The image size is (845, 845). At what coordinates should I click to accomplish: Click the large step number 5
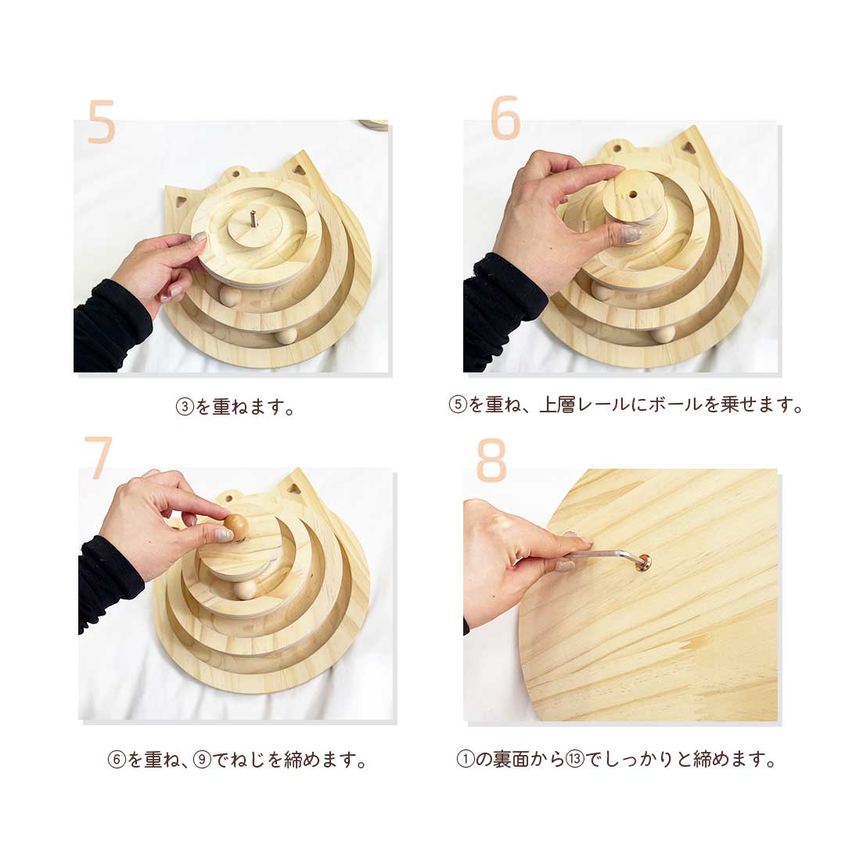coord(102,122)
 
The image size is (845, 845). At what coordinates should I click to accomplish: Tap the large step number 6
coord(505,119)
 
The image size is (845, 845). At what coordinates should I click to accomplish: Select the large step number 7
coord(99,459)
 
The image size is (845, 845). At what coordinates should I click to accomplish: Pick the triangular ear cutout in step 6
coord(687,146)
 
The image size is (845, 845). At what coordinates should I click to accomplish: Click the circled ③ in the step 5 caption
coord(185,408)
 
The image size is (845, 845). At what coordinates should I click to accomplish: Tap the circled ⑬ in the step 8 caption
coord(575,759)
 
